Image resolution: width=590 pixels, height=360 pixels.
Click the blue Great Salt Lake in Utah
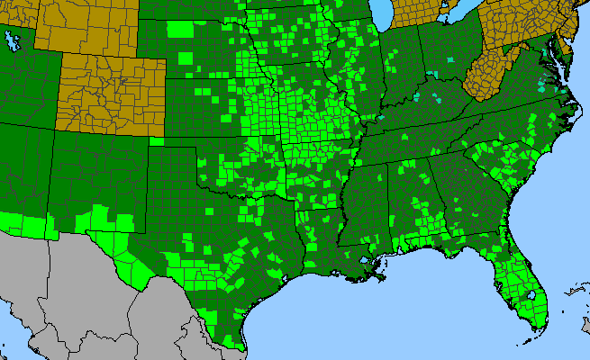[x=12, y=40]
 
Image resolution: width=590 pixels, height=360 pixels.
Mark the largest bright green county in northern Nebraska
[x=181, y=28]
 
